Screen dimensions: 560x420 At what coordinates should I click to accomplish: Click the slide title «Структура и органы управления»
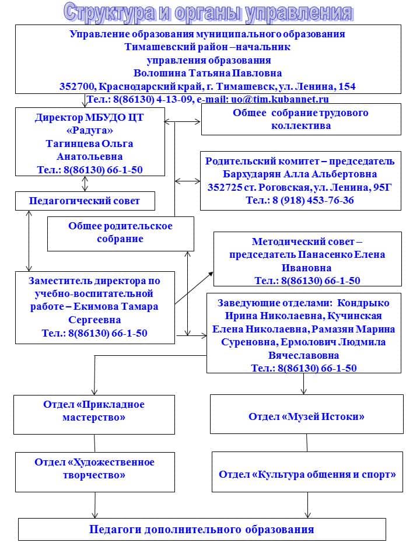(x=208, y=12)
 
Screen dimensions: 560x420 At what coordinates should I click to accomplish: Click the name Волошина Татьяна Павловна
(x=208, y=73)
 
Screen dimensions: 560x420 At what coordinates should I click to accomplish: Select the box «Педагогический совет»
(x=85, y=201)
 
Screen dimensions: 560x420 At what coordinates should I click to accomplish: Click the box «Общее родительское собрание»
(x=120, y=232)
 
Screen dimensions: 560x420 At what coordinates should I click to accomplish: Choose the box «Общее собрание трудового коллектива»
(x=300, y=119)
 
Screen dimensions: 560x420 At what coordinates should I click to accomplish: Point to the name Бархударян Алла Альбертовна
(x=300, y=174)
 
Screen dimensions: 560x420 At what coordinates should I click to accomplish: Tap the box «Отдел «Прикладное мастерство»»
(x=94, y=411)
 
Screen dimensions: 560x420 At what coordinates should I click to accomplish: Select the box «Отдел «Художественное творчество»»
(x=94, y=468)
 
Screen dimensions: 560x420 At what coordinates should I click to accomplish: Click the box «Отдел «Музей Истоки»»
(x=306, y=416)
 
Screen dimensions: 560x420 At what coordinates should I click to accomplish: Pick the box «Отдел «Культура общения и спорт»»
(x=307, y=474)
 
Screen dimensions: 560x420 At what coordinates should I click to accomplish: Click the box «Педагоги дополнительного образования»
(x=202, y=530)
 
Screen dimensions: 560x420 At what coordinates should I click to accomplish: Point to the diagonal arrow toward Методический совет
(x=194, y=288)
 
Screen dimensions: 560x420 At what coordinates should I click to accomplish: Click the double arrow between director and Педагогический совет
(x=85, y=184)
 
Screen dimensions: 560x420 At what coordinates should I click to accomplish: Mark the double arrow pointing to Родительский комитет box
(x=187, y=180)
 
